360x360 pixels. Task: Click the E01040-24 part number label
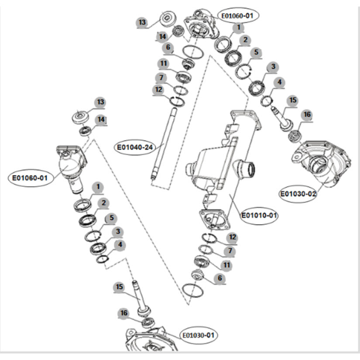click(x=134, y=147)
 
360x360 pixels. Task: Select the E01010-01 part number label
click(x=260, y=215)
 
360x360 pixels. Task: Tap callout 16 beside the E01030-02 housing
click(x=307, y=115)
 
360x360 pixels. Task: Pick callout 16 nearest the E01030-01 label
click(x=124, y=313)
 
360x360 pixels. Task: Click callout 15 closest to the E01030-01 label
click(x=120, y=287)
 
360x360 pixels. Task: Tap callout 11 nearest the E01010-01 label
click(x=226, y=264)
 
